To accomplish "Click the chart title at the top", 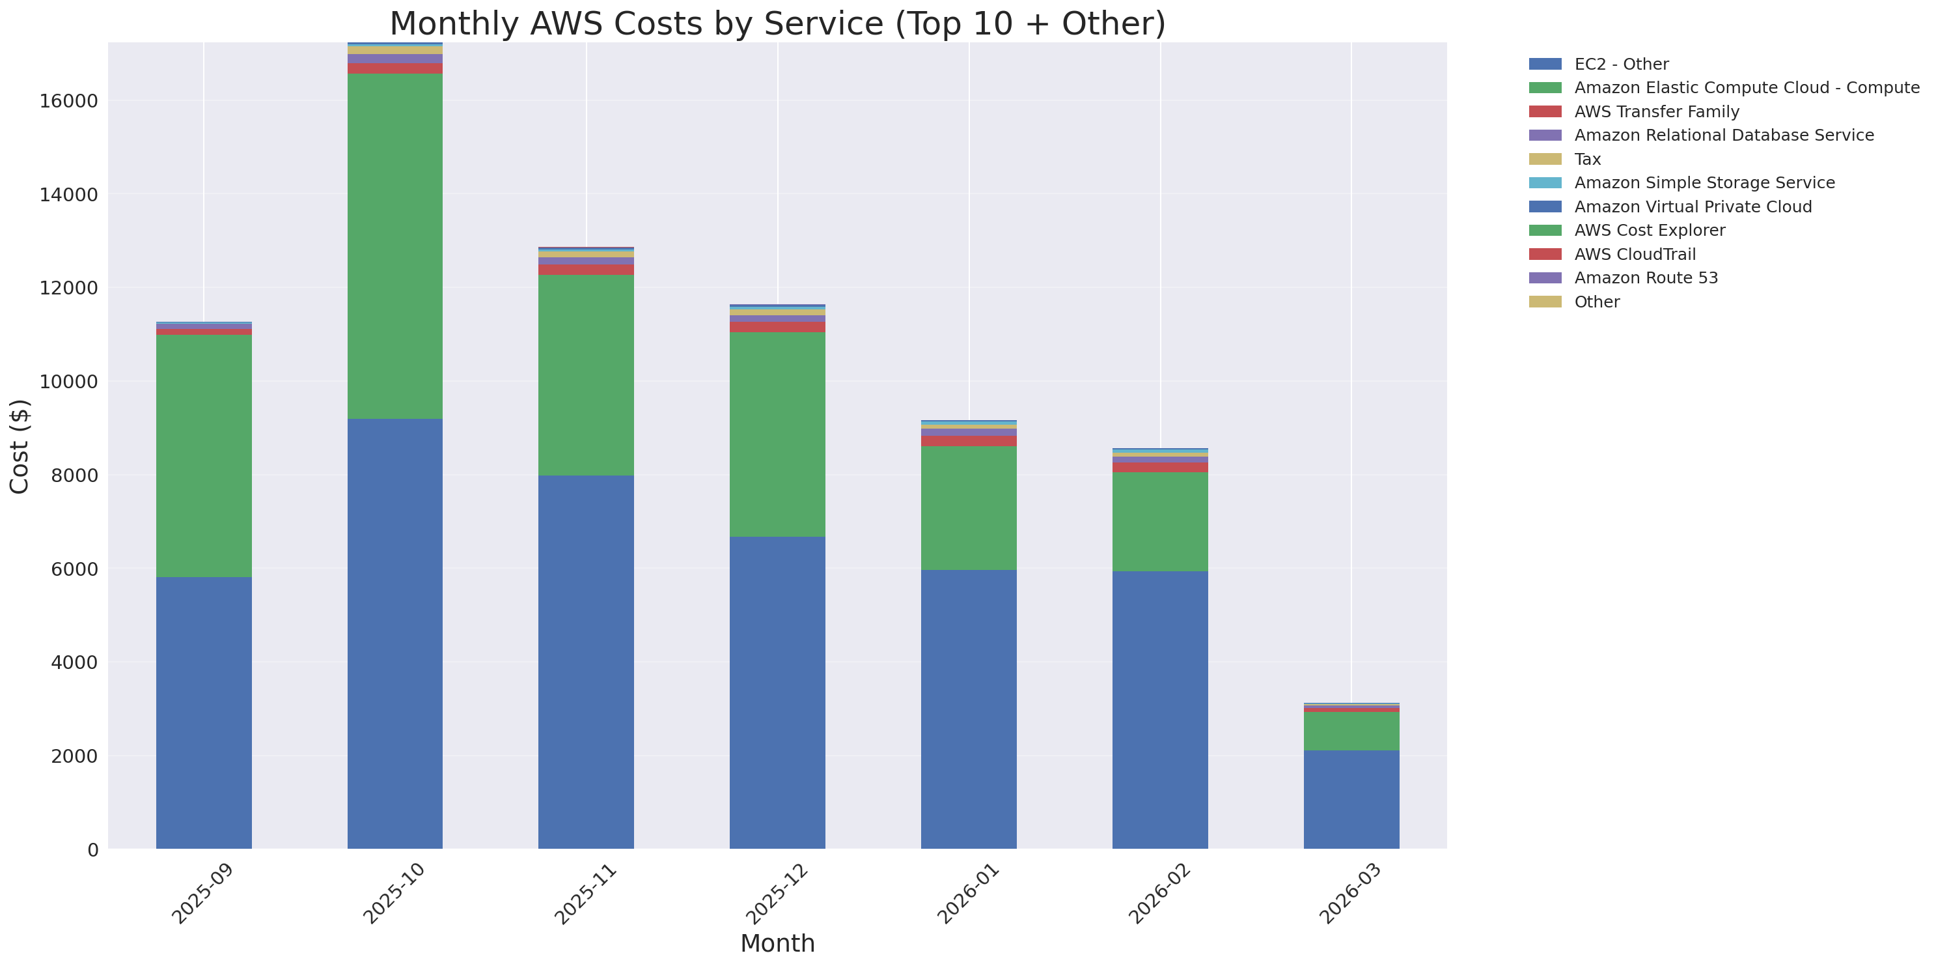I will click(777, 23).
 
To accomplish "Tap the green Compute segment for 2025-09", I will click(204, 455).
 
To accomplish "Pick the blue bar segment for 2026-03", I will click(1351, 799).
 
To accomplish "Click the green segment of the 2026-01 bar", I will click(968, 507).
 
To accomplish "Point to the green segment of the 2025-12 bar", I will click(777, 434).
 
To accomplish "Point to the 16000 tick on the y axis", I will click(68, 102).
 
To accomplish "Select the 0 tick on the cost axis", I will click(92, 849).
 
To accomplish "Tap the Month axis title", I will click(777, 943).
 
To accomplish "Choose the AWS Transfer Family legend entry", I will click(1657, 112).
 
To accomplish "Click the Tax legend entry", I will click(1587, 160).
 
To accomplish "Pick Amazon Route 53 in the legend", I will click(1646, 278).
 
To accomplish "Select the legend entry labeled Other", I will click(1596, 302).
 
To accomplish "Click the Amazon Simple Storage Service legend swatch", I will click(1545, 182).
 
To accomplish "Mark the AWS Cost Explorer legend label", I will click(1649, 231).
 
